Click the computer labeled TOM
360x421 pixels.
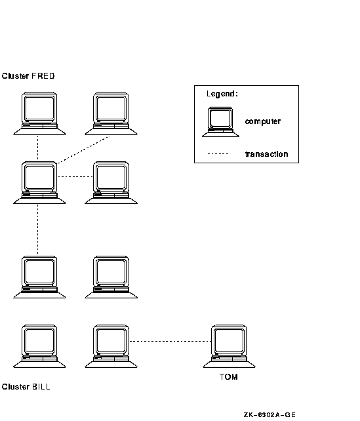[229, 346]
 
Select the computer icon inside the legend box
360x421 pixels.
[220, 122]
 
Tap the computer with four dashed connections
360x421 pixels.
[39, 182]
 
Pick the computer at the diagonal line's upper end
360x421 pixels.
[111, 113]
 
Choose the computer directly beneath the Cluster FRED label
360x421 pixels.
[39, 113]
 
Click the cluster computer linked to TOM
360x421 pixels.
[111, 346]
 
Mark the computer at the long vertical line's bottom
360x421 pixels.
[39, 277]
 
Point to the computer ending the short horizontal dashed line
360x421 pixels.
[111, 182]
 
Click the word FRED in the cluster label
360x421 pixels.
[43, 76]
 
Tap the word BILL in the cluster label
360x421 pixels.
[41, 387]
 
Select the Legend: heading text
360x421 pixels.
[222, 94]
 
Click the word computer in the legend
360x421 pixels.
[263, 121]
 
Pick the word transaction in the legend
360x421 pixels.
[267, 154]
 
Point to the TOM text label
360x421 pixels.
[229, 376]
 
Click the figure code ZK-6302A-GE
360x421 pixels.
[270, 415]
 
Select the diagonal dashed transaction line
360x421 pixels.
[83, 150]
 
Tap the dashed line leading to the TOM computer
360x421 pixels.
[170, 341]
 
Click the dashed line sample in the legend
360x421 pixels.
[218, 154]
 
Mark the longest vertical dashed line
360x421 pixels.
[37, 229]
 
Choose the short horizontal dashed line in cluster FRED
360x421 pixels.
[75, 176]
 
